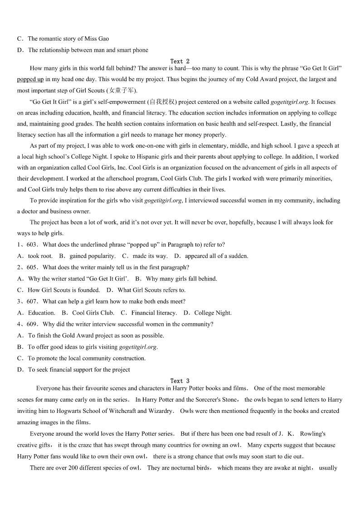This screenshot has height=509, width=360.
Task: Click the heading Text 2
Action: click(x=180, y=61)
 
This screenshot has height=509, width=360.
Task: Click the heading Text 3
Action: click(x=180, y=381)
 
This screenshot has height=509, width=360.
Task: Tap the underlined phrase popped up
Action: click(x=30, y=79)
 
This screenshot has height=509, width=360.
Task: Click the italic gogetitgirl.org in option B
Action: click(x=138, y=347)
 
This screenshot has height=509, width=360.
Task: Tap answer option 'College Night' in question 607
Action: click(x=213, y=313)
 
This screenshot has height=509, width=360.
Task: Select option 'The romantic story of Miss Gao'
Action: click(x=68, y=39)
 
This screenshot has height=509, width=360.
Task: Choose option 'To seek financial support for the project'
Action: click(x=79, y=369)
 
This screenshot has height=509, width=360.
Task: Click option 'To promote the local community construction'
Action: click(x=87, y=358)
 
